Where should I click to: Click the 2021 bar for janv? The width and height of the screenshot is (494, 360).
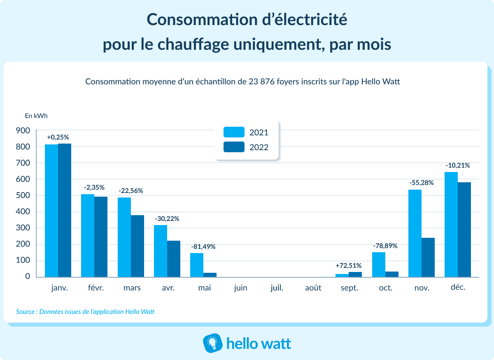coord(51,211)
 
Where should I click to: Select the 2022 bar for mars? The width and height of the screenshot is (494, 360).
coord(137,246)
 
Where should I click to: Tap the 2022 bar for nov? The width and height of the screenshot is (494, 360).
coord(428,257)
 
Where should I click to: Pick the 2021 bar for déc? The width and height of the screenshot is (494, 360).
coord(451,224)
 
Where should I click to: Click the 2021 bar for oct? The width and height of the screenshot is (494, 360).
coord(379,265)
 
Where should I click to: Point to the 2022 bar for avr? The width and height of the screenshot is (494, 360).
coord(174,258)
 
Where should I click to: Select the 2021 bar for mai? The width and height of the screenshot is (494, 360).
coord(197,265)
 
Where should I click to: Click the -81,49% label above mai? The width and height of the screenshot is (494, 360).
coord(203,247)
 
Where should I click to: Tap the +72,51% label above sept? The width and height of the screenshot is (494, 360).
coord(349,266)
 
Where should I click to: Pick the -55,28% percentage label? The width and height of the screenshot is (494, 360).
coord(421,183)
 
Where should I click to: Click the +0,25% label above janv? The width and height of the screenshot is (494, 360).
coord(58,137)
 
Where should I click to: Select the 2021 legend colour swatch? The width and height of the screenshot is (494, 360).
coord(234,132)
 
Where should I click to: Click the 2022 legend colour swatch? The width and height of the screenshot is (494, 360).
coord(234,147)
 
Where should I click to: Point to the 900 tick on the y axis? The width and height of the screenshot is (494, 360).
coord(23,130)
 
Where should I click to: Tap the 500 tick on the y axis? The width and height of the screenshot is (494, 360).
coord(23,195)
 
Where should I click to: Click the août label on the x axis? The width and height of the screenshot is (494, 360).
coord(313,288)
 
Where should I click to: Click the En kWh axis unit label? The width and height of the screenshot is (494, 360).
coord(36,116)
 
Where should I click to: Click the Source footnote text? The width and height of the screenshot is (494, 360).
coord(85,312)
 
